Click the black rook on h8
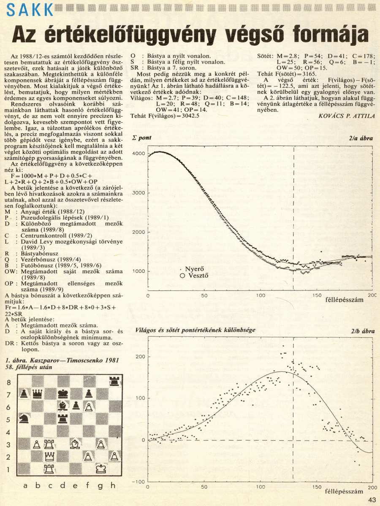coord(113,381)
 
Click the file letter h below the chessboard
coord(113,485)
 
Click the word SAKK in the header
coord(27,9)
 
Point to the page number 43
coord(372,499)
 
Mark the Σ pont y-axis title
coord(142,138)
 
